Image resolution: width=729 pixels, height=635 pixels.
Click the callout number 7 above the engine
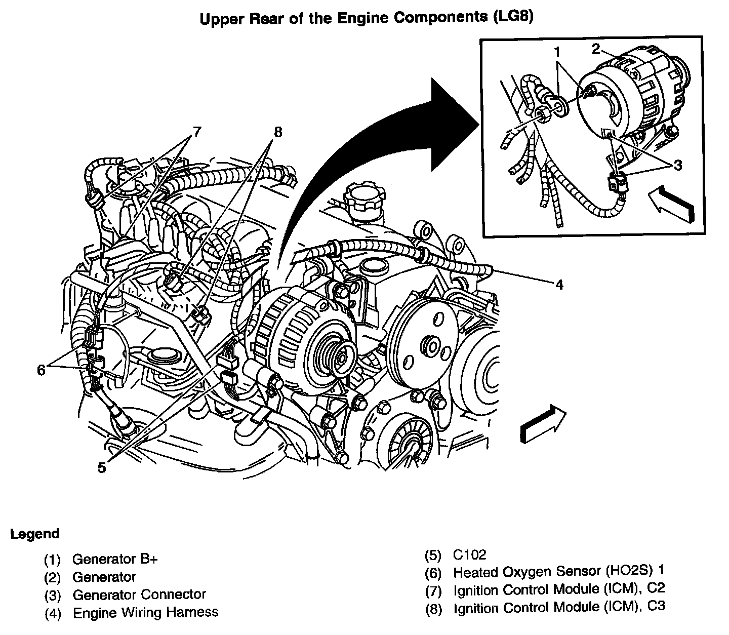[x=195, y=133]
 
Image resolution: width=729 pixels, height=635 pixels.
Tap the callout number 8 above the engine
[x=277, y=132]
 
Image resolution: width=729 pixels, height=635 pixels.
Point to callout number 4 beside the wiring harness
[x=559, y=285]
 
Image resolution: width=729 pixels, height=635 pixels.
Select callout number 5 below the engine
[x=102, y=468]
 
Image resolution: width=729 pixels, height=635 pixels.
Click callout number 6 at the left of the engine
[x=41, y=370]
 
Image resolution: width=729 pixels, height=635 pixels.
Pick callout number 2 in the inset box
[x=596, y=49]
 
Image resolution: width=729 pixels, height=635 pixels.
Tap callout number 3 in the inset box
[x=677, y=166]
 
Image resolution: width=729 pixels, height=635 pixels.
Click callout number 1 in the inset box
[x=556, y=52]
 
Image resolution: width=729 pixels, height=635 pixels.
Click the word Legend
[x=35, y=534]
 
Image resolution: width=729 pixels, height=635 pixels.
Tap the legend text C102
[x=469, y=555]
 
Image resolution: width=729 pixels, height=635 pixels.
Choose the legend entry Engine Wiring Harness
[x=146, y=613]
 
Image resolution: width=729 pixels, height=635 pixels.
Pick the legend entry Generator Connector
[x=139, y=594]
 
